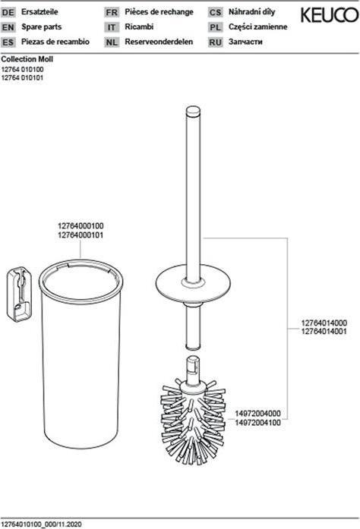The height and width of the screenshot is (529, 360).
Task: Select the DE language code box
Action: pos(8,13)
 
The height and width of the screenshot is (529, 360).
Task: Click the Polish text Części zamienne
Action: pos(258,27)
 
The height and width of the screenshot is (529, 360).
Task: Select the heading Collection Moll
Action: pos(27,58)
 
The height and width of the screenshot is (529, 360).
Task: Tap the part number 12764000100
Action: pos(81,226)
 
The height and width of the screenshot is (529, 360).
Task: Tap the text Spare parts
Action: pos(38,27)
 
